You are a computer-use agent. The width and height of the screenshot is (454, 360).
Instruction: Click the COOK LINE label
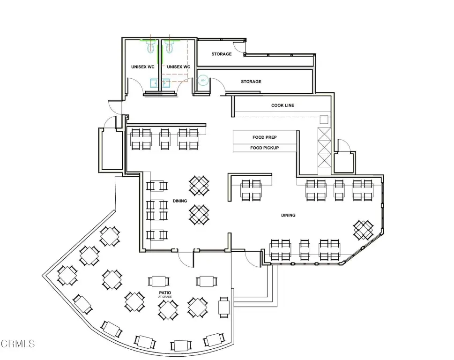pyautogui.click(x=283, y=105)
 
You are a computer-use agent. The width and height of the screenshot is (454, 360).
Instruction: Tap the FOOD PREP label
pyautogui.click(x=265, y=137)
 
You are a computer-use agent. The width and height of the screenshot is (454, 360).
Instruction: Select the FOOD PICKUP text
pyautogui.click(x=265, y=148)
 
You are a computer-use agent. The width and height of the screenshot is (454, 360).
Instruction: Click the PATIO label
pyautogui.click(x=165, y=293)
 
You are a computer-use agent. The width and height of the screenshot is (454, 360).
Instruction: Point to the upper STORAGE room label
pyautogui.click(x=222, y=54)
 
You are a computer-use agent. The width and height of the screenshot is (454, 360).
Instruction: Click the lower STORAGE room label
pyautogui.click(x=251, y=82)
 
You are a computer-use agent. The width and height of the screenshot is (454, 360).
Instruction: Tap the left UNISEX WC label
pyautogui.click(x=143, y=67)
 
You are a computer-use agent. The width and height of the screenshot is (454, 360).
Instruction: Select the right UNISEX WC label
pyautogui.click(x=179, y=67)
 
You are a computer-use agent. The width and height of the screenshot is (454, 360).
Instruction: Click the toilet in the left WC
pyautogui.click(x=150, y=46)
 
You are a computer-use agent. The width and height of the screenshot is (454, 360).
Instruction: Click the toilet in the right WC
pyautogui.click(x=170, y=46)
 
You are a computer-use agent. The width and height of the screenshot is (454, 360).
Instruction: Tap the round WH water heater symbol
pyautogui.click(x=203, y=80)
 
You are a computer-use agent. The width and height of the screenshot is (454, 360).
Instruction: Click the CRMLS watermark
pyautogui.click(x=18, y=344)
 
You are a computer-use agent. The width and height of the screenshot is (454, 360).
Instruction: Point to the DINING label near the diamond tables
pyautogui.click(x=180, y=201)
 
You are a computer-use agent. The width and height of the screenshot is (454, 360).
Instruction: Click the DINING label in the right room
pyautogui.click(x=289, y=215)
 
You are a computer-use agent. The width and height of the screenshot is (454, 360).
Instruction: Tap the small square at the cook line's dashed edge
pyautogui.click(x=324, y=120)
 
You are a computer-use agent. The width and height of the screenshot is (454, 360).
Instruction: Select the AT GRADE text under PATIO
pyautogui.click(x=165, y=297)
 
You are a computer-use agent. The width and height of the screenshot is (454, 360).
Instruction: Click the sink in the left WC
pyautogui.click(x=155, y=83)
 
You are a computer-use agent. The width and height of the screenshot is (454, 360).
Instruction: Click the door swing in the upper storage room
pyautogui.click(x=239, y=46)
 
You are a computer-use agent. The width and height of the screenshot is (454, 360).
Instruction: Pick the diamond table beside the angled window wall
pyautogui.click(x=363, y=230)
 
